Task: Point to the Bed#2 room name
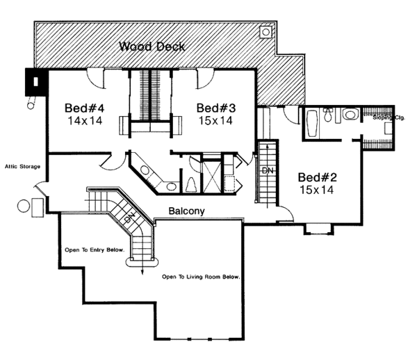[316, 176]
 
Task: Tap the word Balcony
[187, 211]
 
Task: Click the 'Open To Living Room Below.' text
[201, 277]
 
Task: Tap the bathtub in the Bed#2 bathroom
[311, 122]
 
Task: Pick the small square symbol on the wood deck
[265, 31]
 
